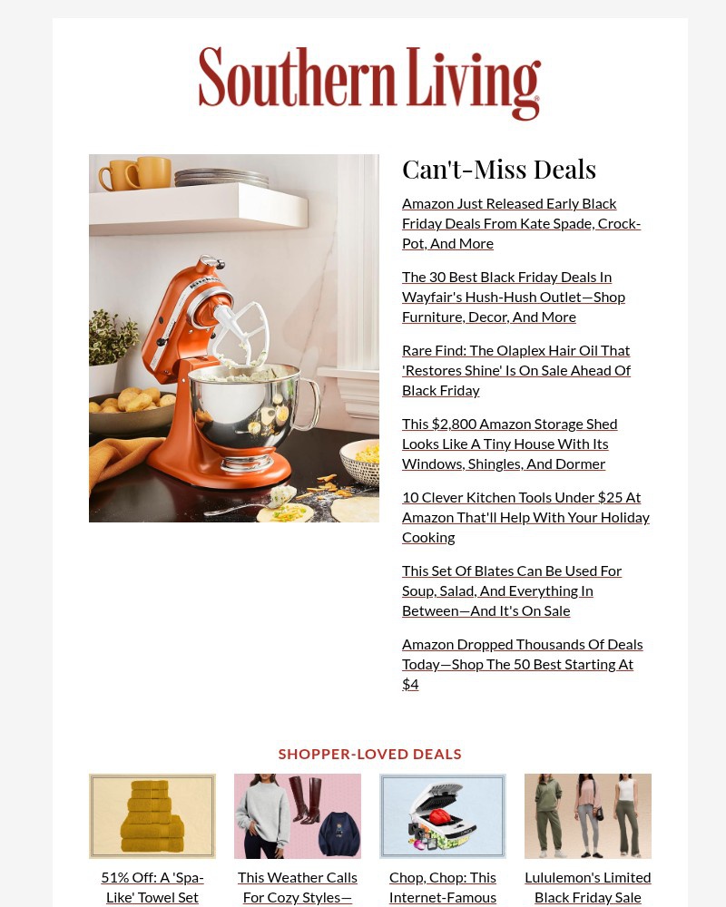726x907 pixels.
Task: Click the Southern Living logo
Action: pos(369,83)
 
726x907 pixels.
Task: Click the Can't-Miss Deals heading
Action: pos(498,170)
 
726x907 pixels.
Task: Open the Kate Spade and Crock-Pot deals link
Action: pos(521,223)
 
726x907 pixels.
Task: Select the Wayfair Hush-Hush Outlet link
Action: pos(513,297)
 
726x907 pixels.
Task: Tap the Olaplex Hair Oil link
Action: pos(515,370)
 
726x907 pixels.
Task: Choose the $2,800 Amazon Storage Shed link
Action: pos(509,444)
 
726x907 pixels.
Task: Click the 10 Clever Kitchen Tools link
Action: pos(525,517)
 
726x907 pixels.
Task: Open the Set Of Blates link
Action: pos(511,590)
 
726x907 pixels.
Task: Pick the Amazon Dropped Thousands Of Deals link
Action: pos(522,663)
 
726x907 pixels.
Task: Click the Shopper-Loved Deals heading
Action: pos(369,754)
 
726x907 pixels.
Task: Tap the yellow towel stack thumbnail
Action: pos(152,816)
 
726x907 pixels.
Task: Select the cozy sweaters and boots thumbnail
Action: pos(298,816)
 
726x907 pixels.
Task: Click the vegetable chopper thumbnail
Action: pos(443,816)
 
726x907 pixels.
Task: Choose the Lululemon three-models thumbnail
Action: pos(588,816)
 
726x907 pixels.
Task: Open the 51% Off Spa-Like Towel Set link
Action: pos(152,887)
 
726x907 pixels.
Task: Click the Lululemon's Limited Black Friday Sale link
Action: pos(588,887)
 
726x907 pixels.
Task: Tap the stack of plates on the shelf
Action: pos(221,178)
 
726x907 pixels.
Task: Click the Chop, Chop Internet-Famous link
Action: pos(443,887)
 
